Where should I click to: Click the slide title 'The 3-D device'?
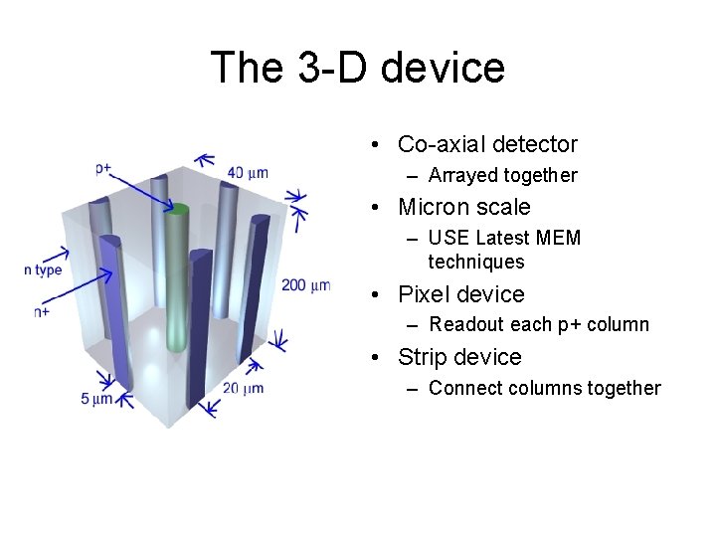click(358, 68)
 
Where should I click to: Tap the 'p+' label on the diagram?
click(103, 168)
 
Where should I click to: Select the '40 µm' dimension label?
click(248, 172)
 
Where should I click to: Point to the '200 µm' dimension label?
click(305, 285)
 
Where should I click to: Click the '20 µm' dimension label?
click(244, 387)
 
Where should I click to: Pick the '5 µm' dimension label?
click(96, 399)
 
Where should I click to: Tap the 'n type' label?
click(44, 270)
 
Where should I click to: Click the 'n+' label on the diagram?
click(43, 311)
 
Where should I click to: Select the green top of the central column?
click(179, 209)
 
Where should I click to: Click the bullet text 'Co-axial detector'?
click(487, 144)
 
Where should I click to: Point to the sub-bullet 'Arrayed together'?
click(502, 175)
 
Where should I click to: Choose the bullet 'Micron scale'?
click(463, 207)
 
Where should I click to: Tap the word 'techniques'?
click(475, 262)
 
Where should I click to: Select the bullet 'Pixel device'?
click(460, 294)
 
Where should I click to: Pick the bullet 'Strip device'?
click(459, 357)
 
